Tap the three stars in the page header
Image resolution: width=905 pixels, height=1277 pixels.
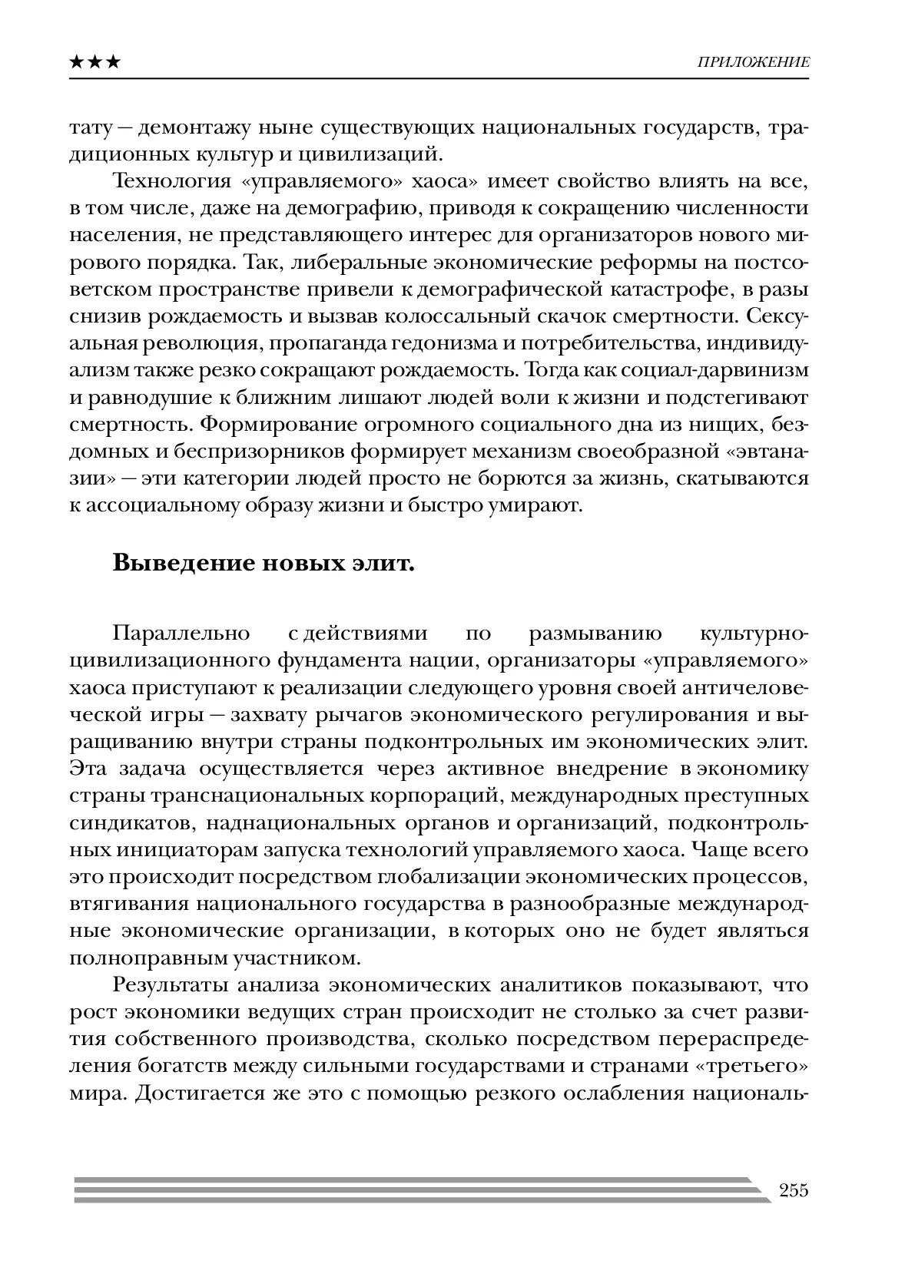94,62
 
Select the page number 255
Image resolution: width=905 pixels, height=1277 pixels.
794,1191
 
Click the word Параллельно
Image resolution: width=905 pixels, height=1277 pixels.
182,634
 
